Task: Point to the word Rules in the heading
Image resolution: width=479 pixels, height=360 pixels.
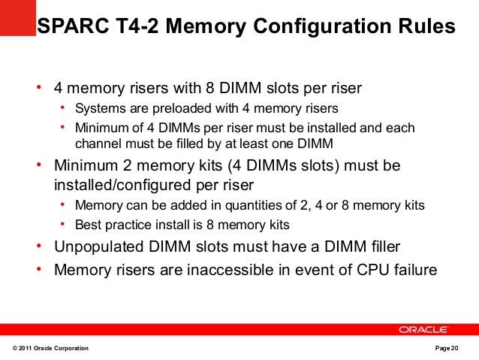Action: tap(429, 27)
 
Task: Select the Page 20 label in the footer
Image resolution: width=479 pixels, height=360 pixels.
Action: tap(450, 349)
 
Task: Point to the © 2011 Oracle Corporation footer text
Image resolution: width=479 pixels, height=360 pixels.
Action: tap(51, 349)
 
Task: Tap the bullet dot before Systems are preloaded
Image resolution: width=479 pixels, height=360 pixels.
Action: tap(64, 107)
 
